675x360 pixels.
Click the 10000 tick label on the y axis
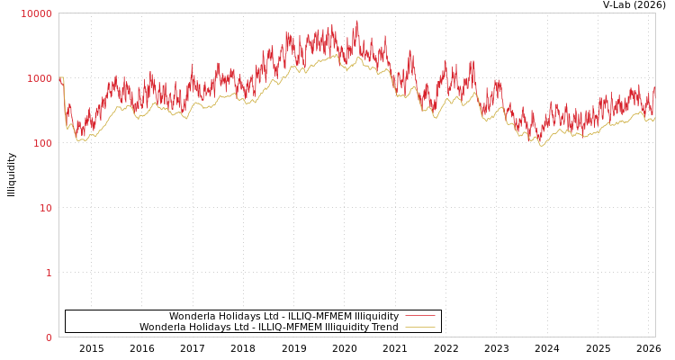point(37,13)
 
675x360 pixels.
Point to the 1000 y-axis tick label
point(40,78)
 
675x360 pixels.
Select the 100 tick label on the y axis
point(42,143)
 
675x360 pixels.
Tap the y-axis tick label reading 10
point(45,208)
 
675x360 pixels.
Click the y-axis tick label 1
point(49,273)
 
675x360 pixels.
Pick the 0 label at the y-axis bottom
point(49,337)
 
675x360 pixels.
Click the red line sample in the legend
point(419,316)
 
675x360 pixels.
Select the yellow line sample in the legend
point(419,327)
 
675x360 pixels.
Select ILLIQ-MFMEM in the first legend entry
point(316,316)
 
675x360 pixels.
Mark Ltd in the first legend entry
point(266,316)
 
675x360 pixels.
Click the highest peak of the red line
point(356,21)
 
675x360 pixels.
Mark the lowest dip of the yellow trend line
point(541,146)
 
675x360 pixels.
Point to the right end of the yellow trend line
point(654,118)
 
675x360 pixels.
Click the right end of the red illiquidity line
point(654,88)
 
